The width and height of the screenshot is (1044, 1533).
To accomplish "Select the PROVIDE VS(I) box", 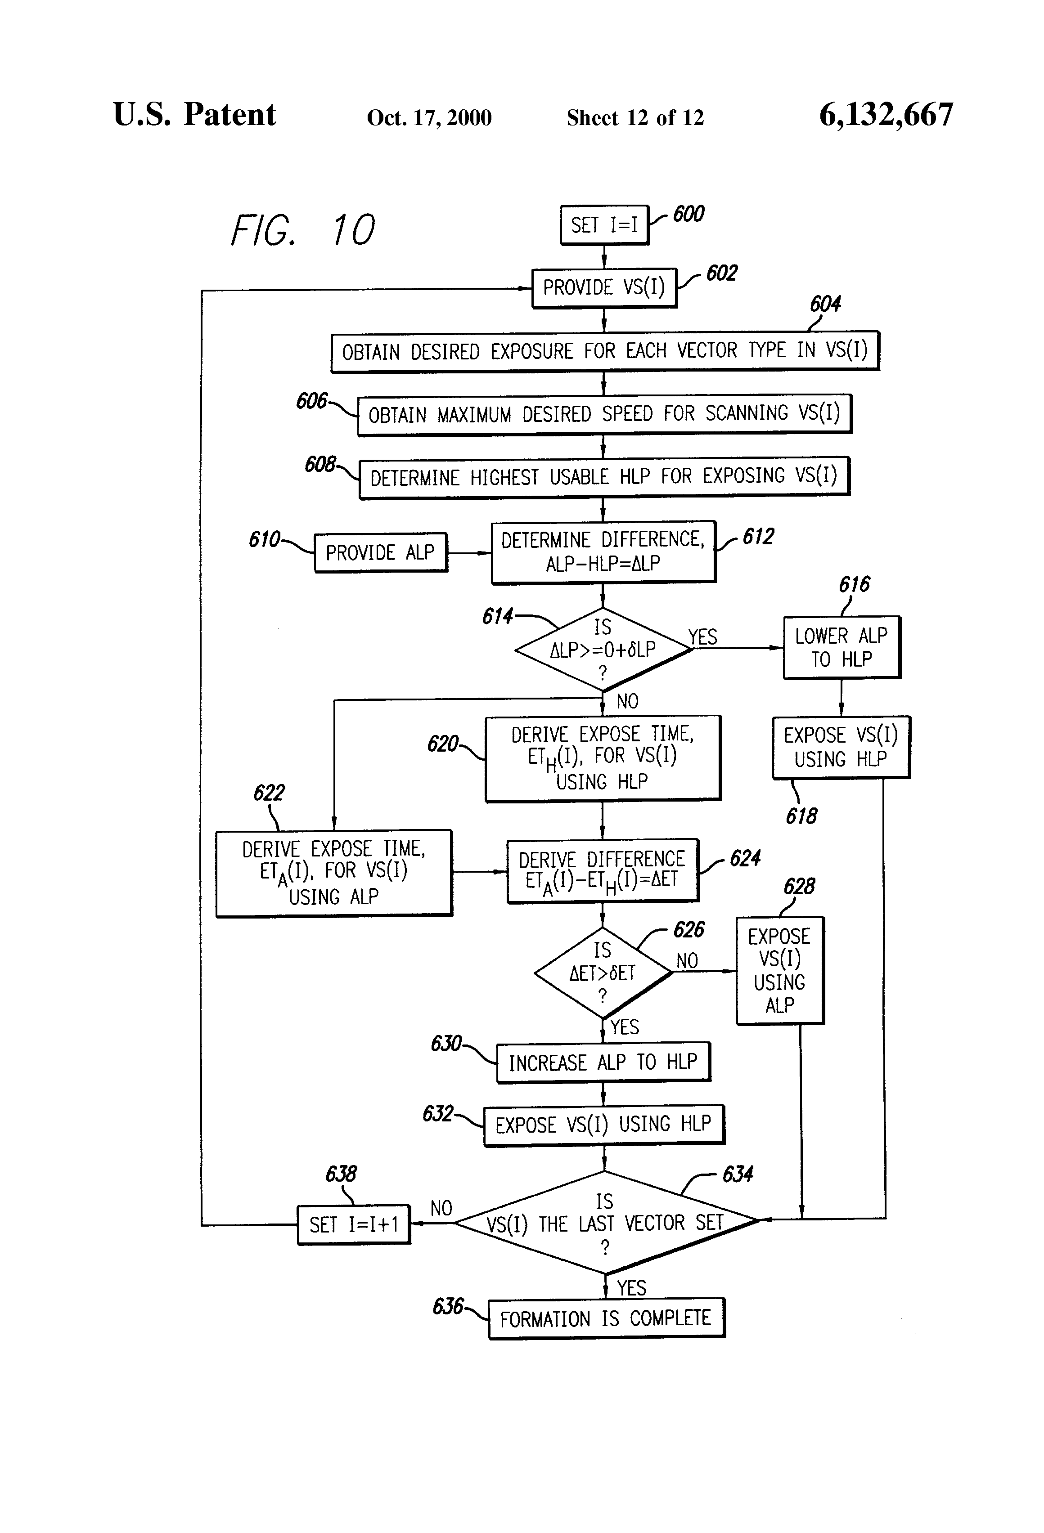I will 604,287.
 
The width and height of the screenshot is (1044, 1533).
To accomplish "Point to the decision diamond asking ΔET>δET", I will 603,973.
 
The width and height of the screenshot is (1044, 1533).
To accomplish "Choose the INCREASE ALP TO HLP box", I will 603,1062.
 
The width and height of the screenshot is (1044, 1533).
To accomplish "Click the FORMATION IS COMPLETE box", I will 606,1318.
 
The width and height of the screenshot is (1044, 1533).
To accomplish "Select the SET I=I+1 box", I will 354,1224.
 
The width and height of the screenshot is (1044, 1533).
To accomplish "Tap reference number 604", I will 825,304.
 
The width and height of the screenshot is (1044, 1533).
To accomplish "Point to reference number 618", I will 801,816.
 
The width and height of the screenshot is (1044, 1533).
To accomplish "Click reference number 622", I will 269,792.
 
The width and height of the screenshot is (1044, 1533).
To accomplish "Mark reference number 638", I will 341,1174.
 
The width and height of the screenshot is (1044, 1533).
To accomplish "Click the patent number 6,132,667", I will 886,115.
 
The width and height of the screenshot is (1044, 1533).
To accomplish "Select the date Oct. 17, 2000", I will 429,118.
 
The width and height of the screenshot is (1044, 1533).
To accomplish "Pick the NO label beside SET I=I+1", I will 441,1208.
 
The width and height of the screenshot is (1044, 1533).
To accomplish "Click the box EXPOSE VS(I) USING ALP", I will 779,970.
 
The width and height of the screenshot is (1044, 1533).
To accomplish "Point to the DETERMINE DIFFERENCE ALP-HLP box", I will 603,551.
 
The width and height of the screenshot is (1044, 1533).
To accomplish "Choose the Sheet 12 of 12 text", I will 635,118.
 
